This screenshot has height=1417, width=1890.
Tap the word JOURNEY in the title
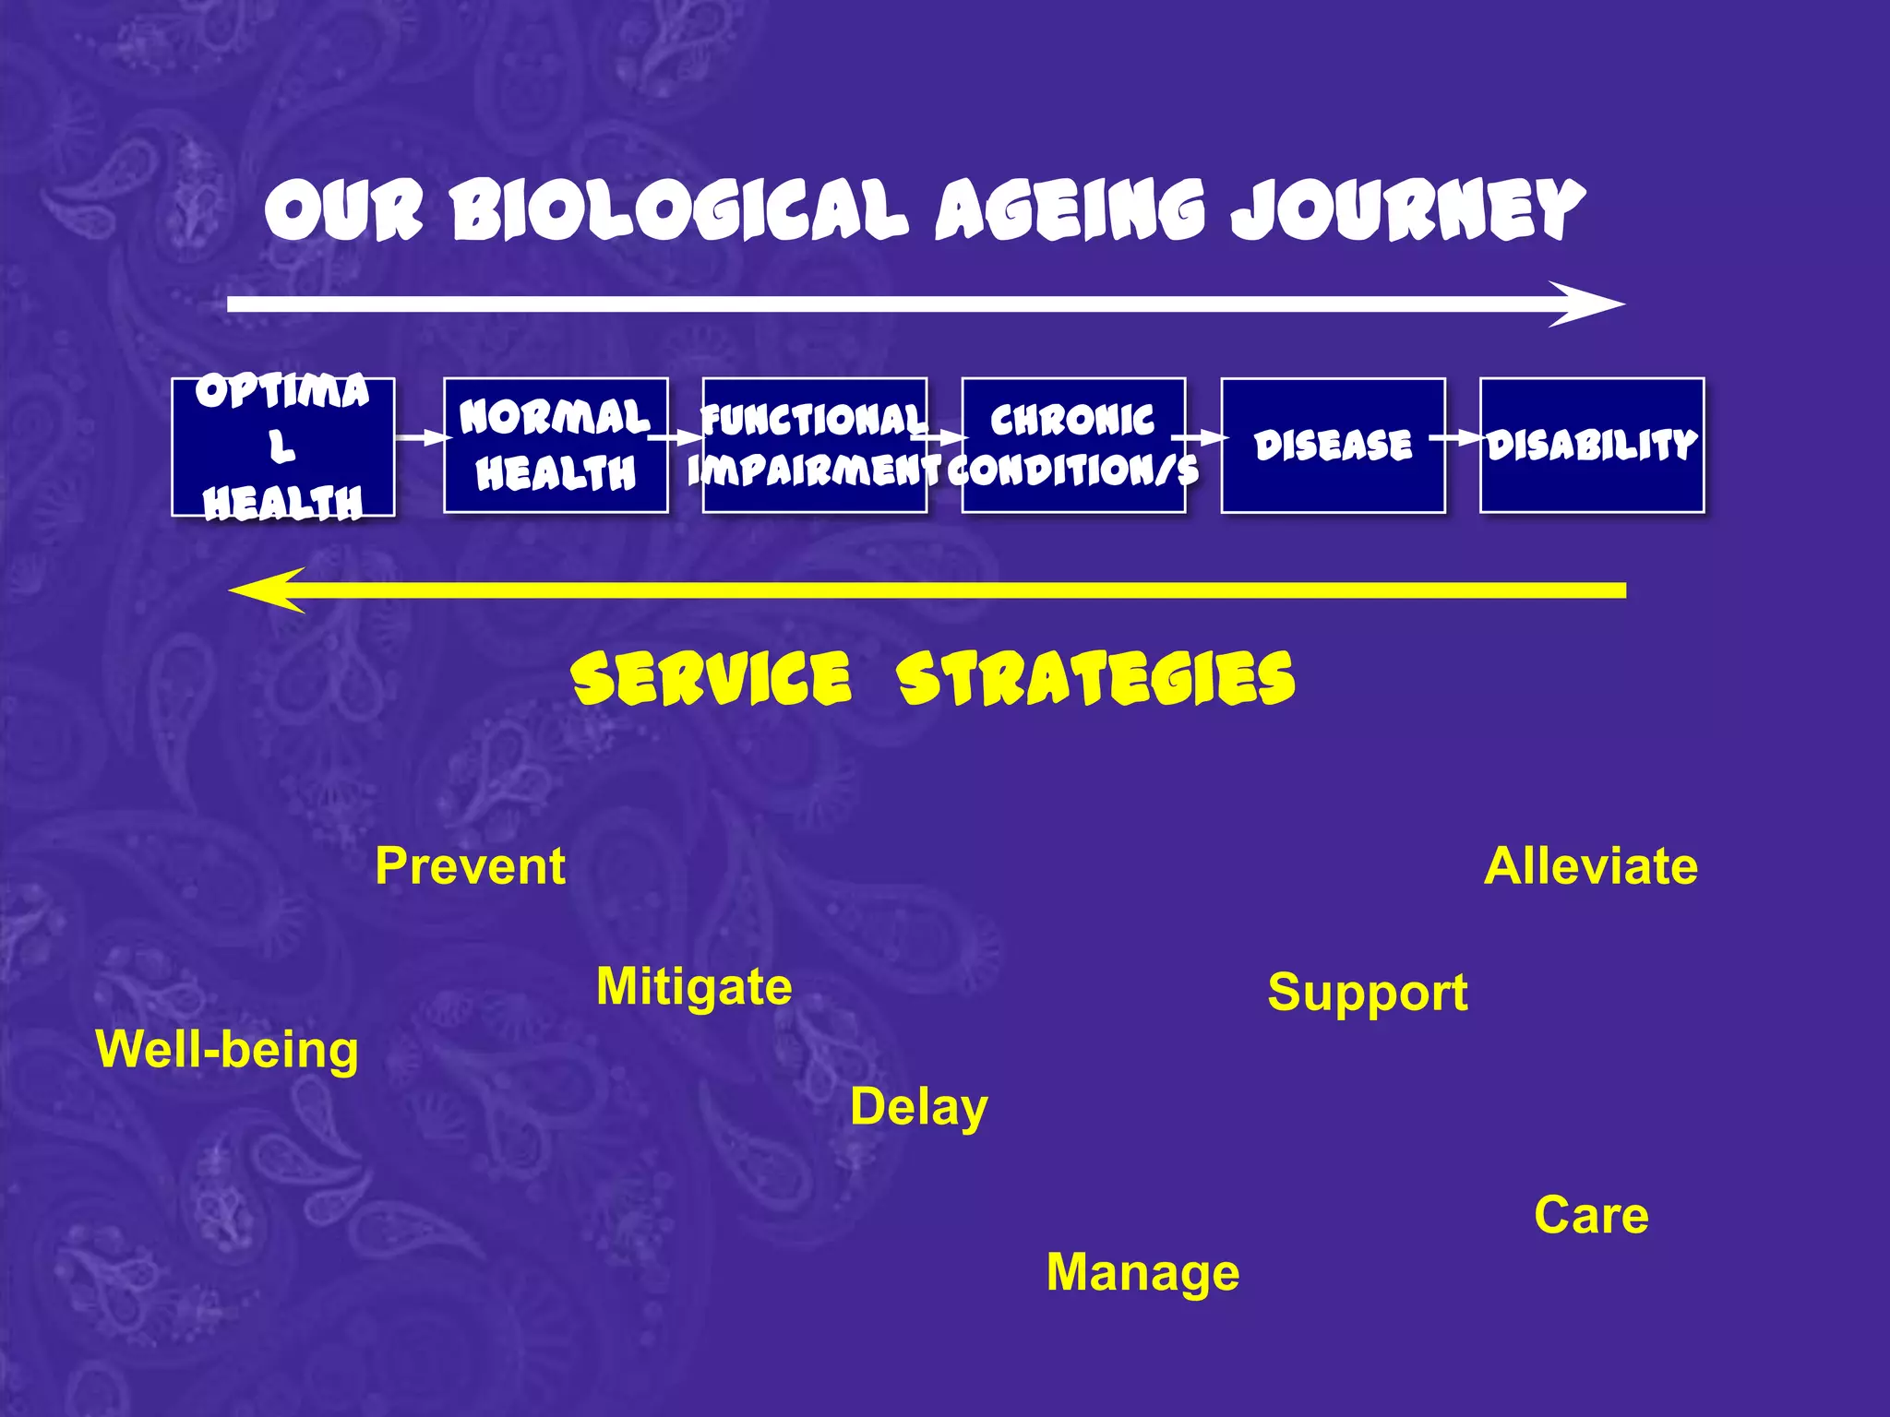click(1406, 210)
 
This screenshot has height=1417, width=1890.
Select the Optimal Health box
click(283, 447)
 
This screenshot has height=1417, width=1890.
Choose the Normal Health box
click(556, 446)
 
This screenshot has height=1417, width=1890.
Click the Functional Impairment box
click(814, 446)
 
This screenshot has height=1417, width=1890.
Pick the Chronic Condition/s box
click(1073, 446)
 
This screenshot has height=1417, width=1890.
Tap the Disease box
click(1333, 446)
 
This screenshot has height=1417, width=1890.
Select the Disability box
click(1592, 446)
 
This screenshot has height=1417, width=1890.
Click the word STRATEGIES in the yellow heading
click(1095, 680)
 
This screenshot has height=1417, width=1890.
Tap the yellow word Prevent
click(470, 867)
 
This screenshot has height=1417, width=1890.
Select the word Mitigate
click(694, 987)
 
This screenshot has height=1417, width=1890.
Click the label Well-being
click(227, 1051)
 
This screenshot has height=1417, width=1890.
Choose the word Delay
click(918, 1107)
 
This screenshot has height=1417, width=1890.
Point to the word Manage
click(1142, 1273)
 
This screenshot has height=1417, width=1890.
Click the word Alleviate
click(1590, 867)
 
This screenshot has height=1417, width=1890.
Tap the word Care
click(1591, 1216)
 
